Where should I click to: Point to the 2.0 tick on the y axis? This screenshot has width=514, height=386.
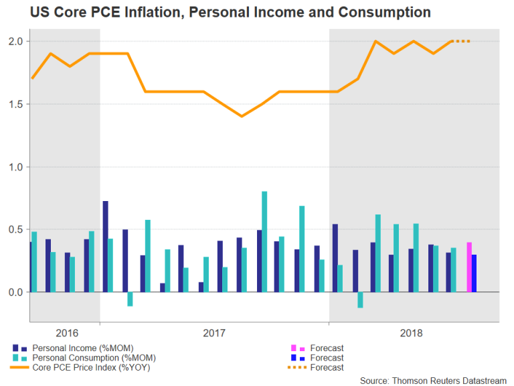click(x=15, y=42)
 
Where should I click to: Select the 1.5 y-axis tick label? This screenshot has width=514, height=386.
click(x=15, y=104)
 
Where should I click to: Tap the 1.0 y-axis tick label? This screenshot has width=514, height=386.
click(x=15, y=167)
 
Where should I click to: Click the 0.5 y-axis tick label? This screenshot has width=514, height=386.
click(x=15, y=229)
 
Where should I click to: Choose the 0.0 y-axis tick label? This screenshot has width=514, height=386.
click(x=15, y=292)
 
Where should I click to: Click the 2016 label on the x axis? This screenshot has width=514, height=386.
click(x=68, y=332)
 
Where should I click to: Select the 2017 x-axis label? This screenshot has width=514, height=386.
click(x=213, y=332)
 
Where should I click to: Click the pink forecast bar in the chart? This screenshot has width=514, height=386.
click(x=469, y=267)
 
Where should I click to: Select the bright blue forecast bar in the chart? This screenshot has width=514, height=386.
click(x=475, y=273)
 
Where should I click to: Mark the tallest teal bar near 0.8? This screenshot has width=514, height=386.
click(x=264, y=241)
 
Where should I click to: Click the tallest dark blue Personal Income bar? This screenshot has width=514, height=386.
click(x=105, y=246)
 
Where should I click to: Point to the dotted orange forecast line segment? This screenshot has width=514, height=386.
click(x=462, y=42)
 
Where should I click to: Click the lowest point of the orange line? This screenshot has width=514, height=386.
click(x=242, y=116)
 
